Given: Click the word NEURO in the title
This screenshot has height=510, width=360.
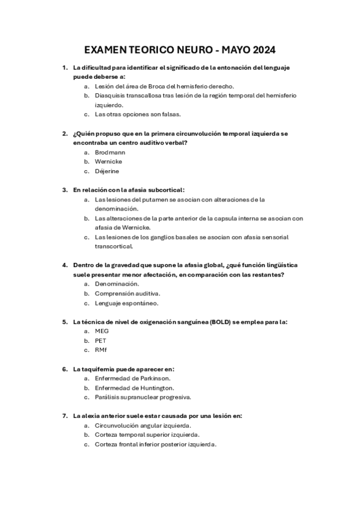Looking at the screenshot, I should point(186,49).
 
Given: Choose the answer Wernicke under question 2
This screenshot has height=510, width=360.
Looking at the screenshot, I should point(109,161).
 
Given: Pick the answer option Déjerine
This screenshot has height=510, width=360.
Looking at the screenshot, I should point(108,171).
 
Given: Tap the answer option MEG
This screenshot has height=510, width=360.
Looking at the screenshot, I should point(102,331).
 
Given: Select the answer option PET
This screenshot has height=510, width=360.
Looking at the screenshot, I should point(100,340).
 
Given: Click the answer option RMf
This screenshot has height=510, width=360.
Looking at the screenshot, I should point(101,349).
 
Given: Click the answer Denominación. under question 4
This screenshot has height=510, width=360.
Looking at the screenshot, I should point(117,283).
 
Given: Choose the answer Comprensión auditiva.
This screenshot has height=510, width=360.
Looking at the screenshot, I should point(127,293).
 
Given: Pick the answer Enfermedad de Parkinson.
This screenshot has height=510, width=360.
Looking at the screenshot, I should point(132,378).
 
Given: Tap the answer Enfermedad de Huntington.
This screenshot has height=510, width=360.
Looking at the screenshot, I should point(135,388).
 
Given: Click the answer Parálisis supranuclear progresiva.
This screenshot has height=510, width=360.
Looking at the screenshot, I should point(143,398).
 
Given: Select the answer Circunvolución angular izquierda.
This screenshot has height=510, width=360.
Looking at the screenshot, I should point(143,425).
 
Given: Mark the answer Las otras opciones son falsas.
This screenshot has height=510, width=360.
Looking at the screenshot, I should point(138,114).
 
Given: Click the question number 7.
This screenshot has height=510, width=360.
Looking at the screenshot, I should point(64,416).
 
